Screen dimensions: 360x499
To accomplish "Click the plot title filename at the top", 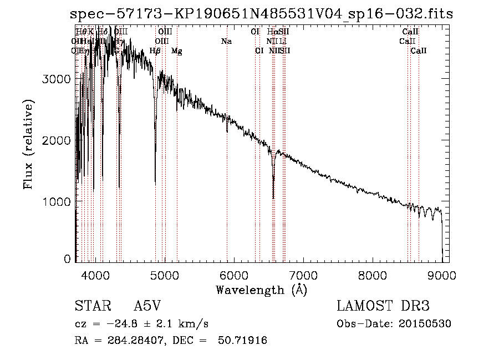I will pos(262,14).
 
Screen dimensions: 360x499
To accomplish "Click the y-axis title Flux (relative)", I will pos(28,144).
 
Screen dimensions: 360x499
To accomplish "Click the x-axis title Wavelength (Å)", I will pos(261,290).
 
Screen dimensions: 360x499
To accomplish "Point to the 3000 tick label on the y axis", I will pos(57,79).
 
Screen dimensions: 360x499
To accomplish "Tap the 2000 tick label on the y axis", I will pos(57,140).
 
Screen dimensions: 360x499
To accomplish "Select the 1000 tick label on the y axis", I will pos(57,201).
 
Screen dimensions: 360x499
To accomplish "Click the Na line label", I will pos(226,42).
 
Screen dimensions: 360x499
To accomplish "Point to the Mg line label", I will pos(177,51).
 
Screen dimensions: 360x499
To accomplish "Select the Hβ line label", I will pos(155,51).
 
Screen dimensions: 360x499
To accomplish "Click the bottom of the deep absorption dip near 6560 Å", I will pos(273,197).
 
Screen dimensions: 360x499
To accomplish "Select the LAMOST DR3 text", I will pos(383,307).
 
